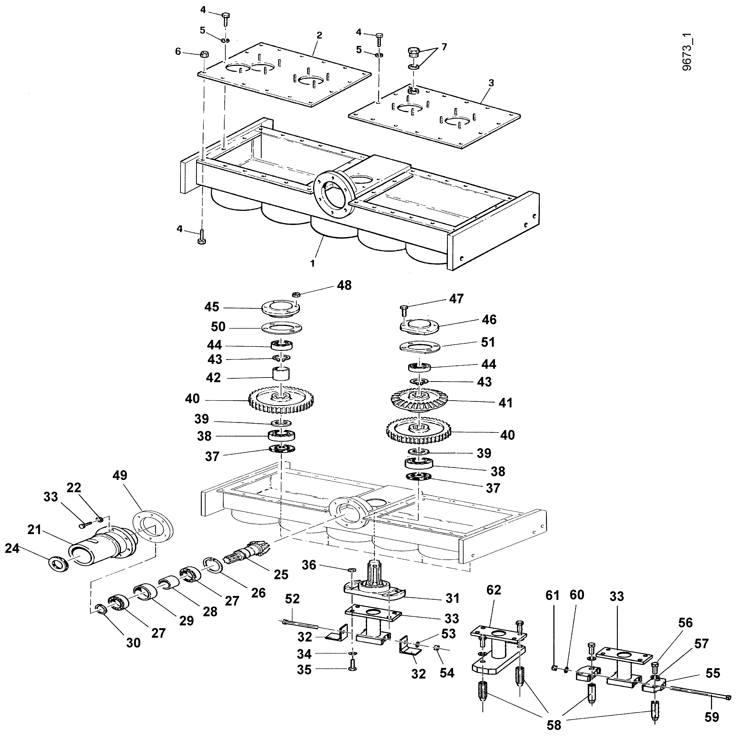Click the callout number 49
pos(120,475)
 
